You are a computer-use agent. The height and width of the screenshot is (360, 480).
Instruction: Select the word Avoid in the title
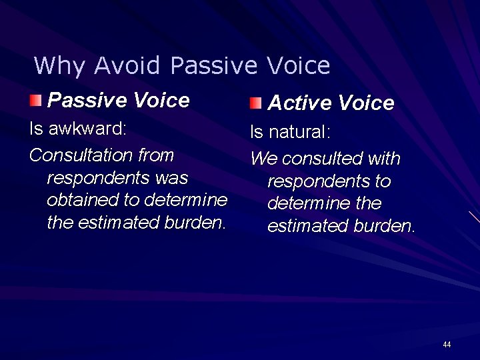click(x=127, y=66)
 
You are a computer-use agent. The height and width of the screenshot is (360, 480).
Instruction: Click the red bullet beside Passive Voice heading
click(x=35, y=101)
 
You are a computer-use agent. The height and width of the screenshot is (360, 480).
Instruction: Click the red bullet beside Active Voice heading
click(x=256, y=103)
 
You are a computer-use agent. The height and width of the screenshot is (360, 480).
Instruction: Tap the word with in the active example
click(x=385, y=159)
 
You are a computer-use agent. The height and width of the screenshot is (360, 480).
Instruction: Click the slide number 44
click(x=447, y=345)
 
